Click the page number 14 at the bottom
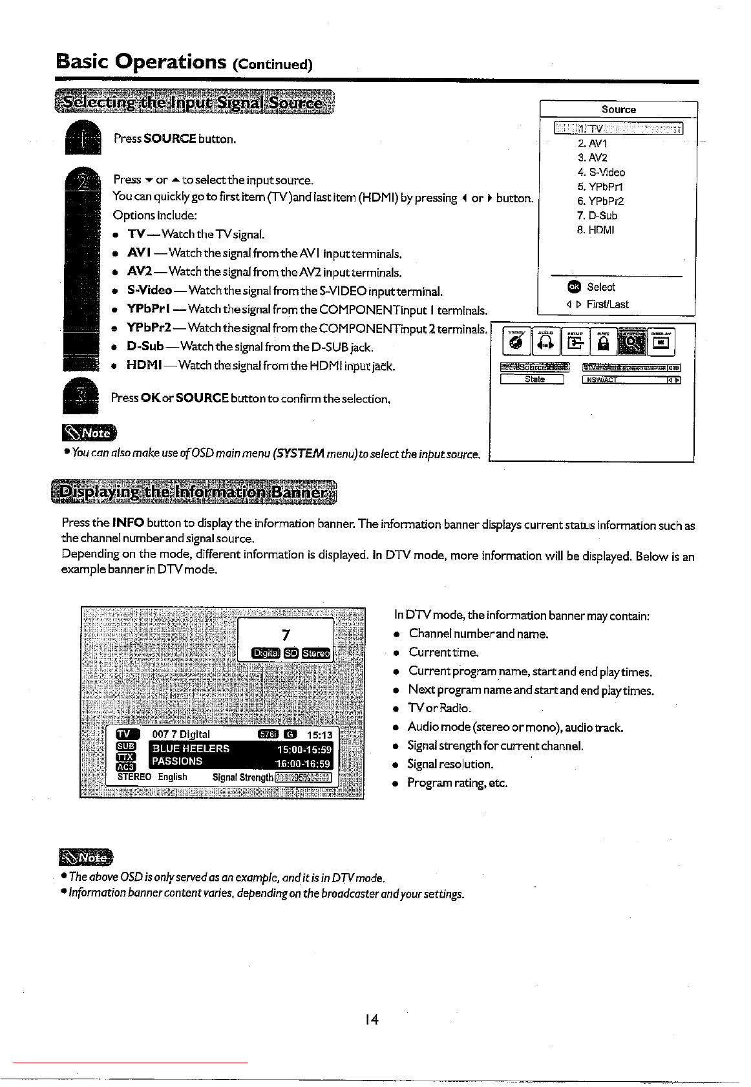pyautogui.click(x=371, y=1019)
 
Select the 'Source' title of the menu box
pyautogui.click(x=619, y=110)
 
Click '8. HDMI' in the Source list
pyautogui.click(x=595, y=230)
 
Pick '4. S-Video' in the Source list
pyautogui.click(x=601, y=172)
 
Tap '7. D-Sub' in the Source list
pyautogui.click(x=597, y=216)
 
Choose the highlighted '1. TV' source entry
pyautogui.click(x=618, y=128)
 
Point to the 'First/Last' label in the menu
pyautogui.click(x=607, y=304)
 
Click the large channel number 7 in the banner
pyautogui.click(x=286, y=635)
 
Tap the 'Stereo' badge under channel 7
pyautogui.click(x=316, y=653)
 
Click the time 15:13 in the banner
pyautogui.click(x=319, y=735)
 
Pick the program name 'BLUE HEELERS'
pyautogui.click(x=191, y=748)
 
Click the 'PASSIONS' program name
pyautogui.click(x=177, y=761)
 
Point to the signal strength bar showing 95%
pyautogui.click(x=303, y=777)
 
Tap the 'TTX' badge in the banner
pyautogui.click(x=125, y=757)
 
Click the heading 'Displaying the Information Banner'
pyautogui.click(x=193, y=493)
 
